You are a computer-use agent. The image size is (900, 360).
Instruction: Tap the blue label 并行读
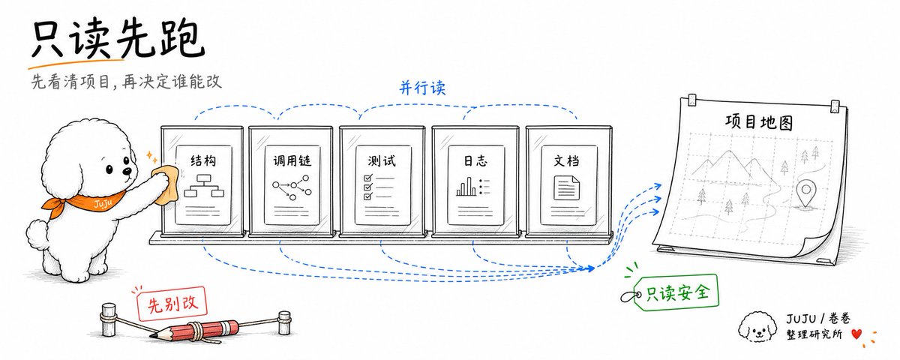click(x=423, y=88)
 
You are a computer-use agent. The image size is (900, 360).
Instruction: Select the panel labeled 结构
click(x=202, y=181)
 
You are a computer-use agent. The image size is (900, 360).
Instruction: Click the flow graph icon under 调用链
click(x=292, y=187)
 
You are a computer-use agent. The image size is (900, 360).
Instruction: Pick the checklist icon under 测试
click(x=378, y=187)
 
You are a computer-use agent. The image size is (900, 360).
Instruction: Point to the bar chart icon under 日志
click(x=473, y=187)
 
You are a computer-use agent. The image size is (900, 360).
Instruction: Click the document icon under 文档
click(x=566, y=187)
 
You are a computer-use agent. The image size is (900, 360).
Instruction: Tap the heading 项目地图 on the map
click(x=759, y=121)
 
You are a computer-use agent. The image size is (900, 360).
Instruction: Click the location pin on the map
click(x=805, y=194)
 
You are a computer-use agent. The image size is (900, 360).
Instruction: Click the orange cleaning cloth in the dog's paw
click(x=166, y=183)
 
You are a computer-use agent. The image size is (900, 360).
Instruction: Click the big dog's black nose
click(x=127, y=172)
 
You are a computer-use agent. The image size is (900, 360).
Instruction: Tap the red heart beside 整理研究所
click(x=856, y=334)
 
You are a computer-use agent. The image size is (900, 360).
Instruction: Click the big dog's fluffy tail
click(x=37, y=235)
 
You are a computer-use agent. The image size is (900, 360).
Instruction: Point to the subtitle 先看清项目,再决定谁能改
click(x=127, y=82)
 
